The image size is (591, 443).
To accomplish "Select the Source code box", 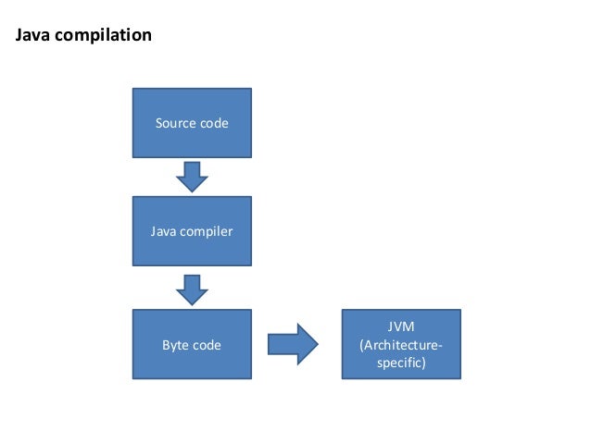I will click(x=192, y=123).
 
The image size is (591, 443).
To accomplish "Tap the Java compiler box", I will click(x=192, y=231).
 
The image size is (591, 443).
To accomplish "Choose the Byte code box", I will click(x=192, y=345).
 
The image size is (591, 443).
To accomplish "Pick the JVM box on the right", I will click(x=400, y=344).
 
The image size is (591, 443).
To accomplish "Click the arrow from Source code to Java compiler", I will click(x=192, y=176).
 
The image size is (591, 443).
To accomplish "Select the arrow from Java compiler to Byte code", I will click(x=192, y=289).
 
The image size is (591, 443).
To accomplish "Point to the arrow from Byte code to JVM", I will click(x=293, y=344).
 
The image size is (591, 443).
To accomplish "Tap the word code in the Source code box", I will click(x=214, y=123).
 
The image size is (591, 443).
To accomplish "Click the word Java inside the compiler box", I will click(x=163, y=231).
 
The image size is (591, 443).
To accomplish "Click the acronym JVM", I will click(x=400, y=327).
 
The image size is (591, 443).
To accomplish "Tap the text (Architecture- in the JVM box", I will click(x=400, y=345).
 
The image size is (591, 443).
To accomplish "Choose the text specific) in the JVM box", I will click(x=400, y=363).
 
